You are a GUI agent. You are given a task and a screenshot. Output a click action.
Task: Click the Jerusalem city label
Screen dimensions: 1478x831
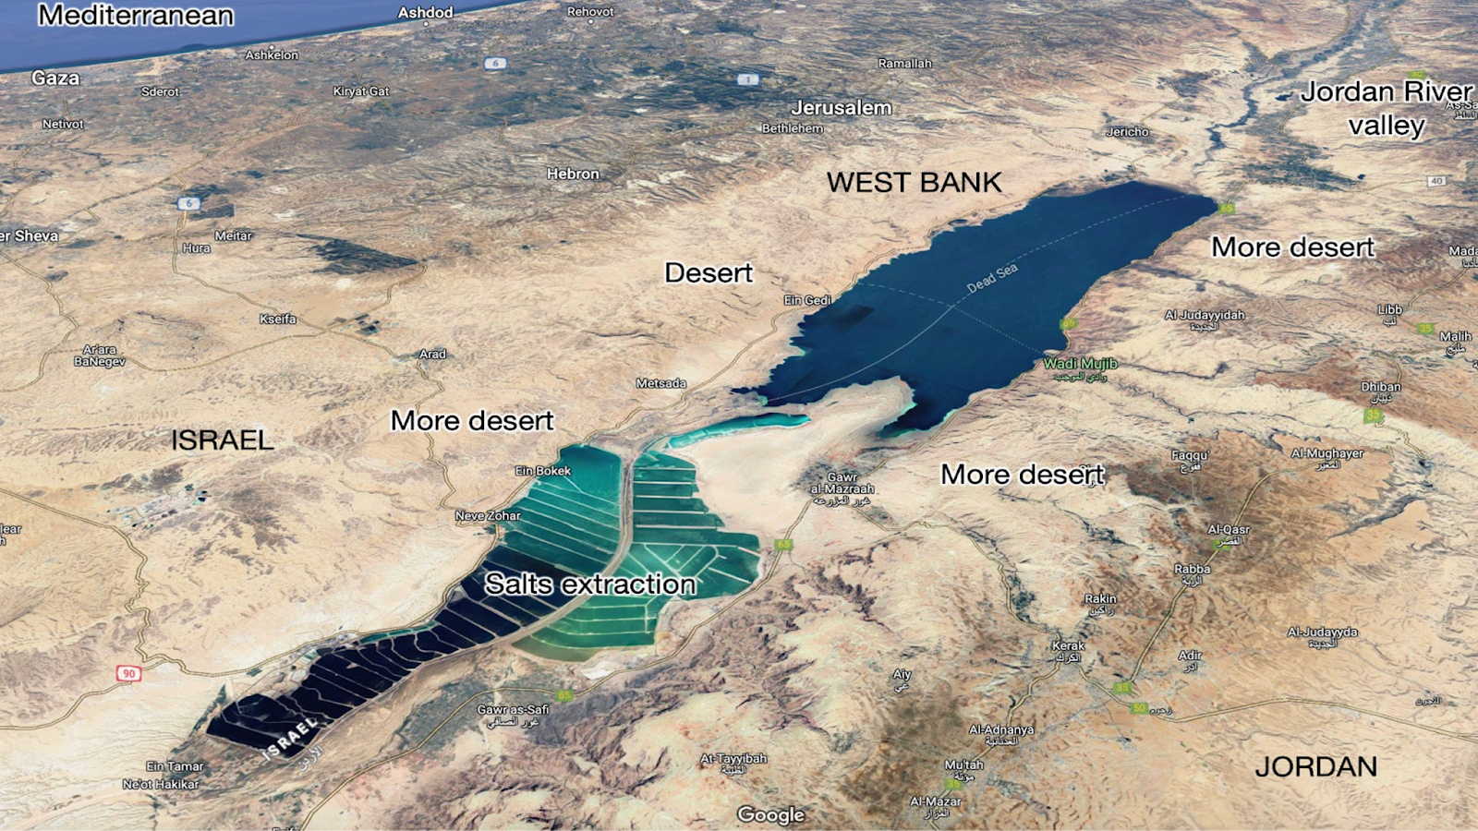click(841, 108)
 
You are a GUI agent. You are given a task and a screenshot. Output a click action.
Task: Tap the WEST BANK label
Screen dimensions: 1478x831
click(914, 183)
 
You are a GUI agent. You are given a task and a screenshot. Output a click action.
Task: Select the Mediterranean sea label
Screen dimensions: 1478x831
click(136, 16)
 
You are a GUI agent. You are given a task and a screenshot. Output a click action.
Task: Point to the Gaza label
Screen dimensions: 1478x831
click(55, 78)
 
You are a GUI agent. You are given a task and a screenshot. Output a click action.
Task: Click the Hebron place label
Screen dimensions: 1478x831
click(573, 174)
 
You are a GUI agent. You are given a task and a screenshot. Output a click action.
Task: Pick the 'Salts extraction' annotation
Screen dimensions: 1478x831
click(590, 584)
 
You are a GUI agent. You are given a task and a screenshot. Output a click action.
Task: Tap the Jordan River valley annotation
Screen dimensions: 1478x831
click(1386, 108)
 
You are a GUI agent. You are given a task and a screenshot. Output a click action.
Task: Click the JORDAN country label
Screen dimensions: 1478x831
click(1315, 766)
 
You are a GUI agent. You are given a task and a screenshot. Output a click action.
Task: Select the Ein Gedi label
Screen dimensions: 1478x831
click(807, 300)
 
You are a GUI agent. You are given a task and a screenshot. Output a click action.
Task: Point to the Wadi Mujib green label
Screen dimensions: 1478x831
click(1080, 364)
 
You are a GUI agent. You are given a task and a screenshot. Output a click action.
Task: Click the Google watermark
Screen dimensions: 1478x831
click(770, 814)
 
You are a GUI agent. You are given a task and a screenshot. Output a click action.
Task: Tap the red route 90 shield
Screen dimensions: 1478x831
click(128, 673)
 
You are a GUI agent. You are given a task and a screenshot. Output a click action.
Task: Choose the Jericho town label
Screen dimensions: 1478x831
click(1127, 132)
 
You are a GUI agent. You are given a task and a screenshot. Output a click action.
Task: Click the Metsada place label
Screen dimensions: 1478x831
click(660, 383)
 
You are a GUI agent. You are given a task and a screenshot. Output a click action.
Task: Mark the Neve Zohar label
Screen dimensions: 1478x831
click(488, 516)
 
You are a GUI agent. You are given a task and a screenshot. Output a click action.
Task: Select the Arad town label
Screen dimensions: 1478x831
click(432, 354)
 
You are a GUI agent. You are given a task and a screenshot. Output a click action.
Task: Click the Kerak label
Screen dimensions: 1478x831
click(1069, 646)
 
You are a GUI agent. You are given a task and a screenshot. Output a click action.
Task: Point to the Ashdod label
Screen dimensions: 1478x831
click(425, 13)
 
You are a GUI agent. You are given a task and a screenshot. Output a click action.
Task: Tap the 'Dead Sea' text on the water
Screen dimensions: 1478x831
click(992, 277)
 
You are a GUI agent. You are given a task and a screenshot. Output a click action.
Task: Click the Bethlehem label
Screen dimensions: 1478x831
click(792, 128)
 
